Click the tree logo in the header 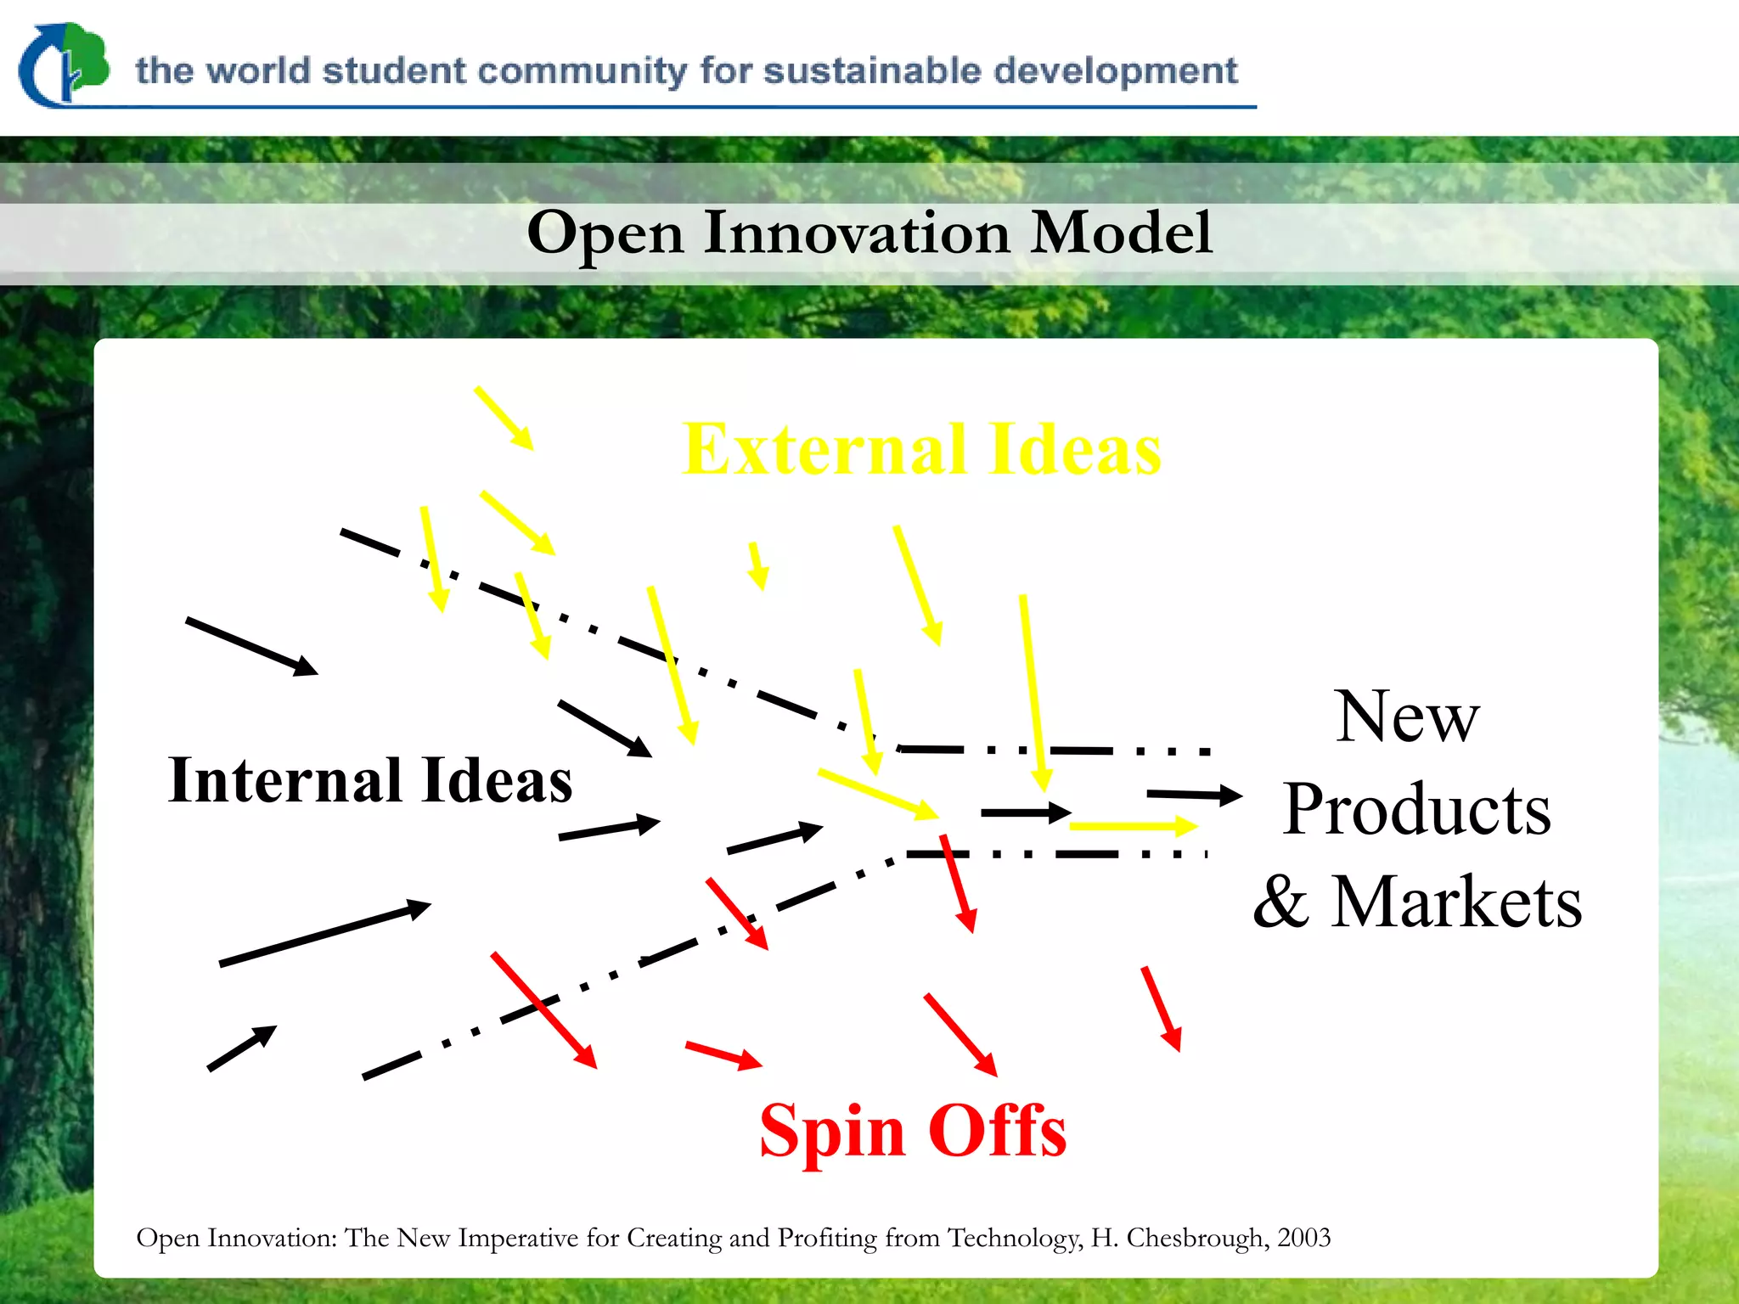(65, 65)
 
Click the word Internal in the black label (284, 780)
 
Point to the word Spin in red (832, 1132)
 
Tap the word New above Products (1407, 717)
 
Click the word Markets (1455, 902)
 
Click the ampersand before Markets (1280, 903)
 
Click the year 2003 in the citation (1303, 1238)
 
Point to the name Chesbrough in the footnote (1196, 1238)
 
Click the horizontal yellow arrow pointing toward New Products (1134, 825)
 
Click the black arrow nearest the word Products (1194, 795)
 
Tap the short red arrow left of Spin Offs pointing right (723, 1054)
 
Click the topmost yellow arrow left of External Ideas (504, 418)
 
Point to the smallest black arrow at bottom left (242, 1048)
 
